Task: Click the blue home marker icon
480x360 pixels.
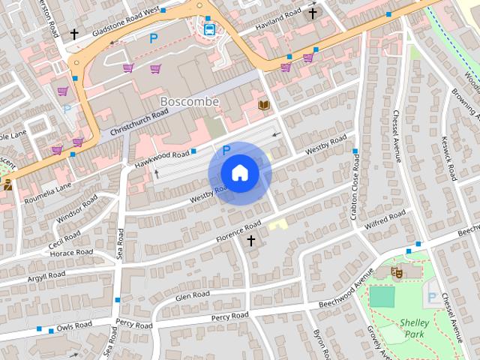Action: point(239,173)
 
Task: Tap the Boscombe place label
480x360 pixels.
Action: point(189,101)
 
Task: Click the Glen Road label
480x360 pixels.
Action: point(192,295)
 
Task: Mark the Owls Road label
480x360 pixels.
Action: point(73,325)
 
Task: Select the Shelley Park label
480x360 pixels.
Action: point(414,327)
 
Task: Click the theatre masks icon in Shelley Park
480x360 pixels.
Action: point(396,272)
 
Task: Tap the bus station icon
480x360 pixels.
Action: point(208,29)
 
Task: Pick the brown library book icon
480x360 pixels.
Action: point(263,105)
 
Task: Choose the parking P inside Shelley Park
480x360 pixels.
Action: point(432,298)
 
